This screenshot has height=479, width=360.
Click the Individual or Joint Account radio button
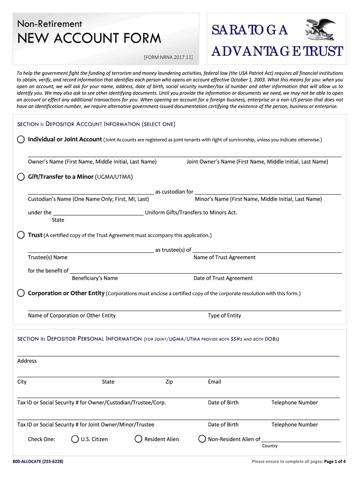click(21, 139)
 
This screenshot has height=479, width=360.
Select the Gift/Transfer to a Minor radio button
click(21, 177)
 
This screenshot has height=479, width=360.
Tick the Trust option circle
click(21, 235)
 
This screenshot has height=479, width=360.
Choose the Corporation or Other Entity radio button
click(21, 293)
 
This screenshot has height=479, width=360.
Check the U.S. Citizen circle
click(75, 439)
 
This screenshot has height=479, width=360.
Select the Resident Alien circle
click(138, 439)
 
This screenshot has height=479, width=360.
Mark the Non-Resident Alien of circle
click(202, 439)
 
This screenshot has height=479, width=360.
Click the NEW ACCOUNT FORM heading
click(89, 38)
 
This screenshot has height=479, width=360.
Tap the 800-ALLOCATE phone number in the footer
click(38, 462)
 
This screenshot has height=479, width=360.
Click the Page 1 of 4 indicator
click(335, 462)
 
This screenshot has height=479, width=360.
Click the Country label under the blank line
click(270, 446)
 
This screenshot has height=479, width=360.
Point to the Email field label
click(215, 382)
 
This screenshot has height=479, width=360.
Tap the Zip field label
click(169, 382)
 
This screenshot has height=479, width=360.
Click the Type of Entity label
click(224, 316)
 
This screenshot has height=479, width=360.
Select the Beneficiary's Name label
click(95, 278)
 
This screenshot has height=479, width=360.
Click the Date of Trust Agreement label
click(223, 278)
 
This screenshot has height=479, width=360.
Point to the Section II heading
click(148, 339)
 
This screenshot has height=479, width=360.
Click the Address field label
click(27, 361)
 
